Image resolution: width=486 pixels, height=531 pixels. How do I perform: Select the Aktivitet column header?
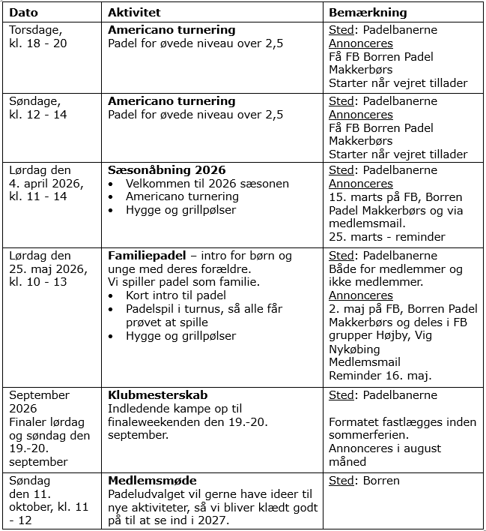[134, 13]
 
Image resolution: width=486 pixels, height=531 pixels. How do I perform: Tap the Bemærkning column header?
[368, 13]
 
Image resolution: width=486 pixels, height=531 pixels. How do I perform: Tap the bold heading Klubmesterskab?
[158, 395]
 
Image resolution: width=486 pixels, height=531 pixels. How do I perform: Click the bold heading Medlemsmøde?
[152, 481]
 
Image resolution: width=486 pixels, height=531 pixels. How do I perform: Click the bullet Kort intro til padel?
[176, 295]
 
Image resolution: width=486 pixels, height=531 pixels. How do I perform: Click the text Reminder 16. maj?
[380, 376]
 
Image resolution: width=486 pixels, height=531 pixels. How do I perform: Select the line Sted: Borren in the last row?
[365, 481]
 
